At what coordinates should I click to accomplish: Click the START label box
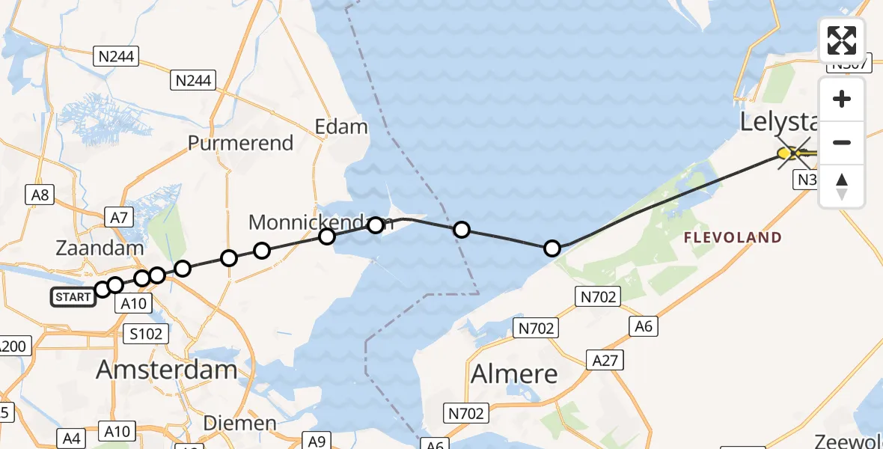(x=73, y=297)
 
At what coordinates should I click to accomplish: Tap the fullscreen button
(x=842, y=40)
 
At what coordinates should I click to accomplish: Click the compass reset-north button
(x=842, y=186)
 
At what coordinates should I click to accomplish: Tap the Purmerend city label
(x=240, y=143)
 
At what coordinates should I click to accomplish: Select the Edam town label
(x=341, y=126)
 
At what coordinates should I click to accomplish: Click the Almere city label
(x=514, y=373)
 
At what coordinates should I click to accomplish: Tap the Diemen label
(x=239, y=424)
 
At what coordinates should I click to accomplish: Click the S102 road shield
(x=146, y=334)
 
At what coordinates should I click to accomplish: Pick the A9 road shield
(x=317, y=441)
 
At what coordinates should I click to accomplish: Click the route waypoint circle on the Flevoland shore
(x=552, y=248)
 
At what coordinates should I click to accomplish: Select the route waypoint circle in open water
(x=462, y=230)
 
